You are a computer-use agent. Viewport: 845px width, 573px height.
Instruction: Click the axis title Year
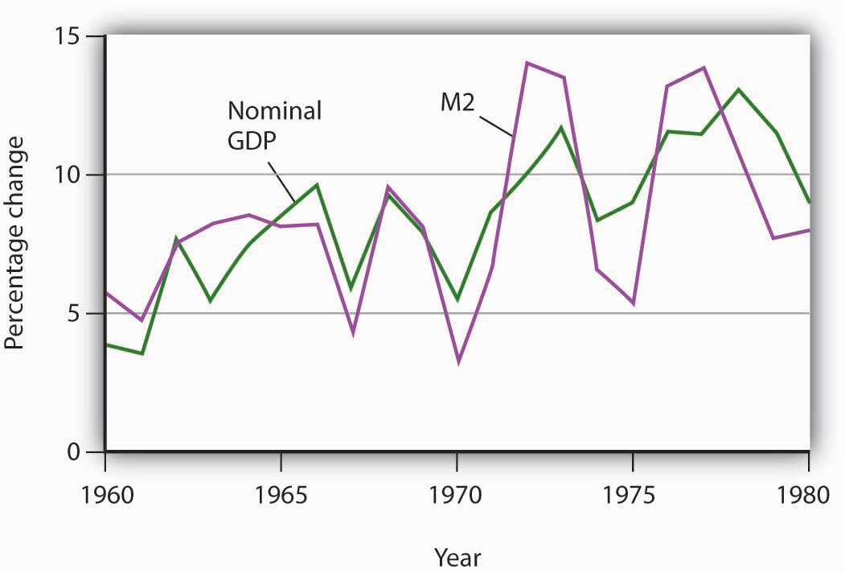click(458, 555)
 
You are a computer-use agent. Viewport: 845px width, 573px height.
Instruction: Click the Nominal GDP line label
click(274, 123)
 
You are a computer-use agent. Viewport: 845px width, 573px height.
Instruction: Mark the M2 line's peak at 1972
click(527, 63)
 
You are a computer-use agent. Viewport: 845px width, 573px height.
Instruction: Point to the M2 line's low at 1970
click(457, 362)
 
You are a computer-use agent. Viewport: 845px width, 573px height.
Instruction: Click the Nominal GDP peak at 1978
click(738, 89)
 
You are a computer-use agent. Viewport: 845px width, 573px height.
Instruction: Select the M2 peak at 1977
click(703, 68)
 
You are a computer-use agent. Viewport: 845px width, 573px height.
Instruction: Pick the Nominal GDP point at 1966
click(317, 185)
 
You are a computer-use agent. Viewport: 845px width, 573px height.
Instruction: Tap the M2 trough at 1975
click(634, 303)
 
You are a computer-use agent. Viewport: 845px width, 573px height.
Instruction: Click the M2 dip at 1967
click(352, 332)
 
